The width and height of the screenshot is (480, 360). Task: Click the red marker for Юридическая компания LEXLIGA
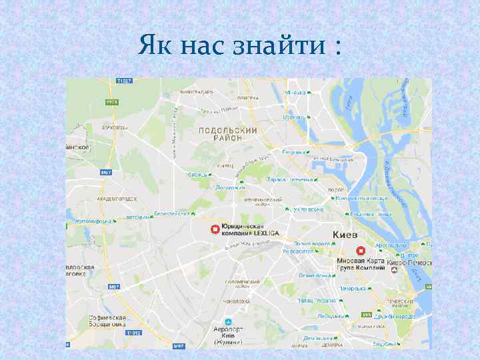pyautogui.click(x=215, y=230)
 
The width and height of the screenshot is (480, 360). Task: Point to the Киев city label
pyautogui.click(x=344, y=235)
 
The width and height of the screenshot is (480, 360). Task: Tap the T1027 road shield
pyautogui.click(x=125, y=81)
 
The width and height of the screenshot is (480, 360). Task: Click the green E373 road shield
pyautogui.click(x=111, y=103)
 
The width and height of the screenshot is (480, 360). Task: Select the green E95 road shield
pyautogui.click(x=365, y=315)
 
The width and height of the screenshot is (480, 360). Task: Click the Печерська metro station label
pyautogui.click(x=352, y=289)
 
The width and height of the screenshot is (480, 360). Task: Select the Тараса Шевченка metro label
pyautogui.click(x=290, y=179)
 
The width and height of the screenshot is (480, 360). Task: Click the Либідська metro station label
pyautogui.click(x=331, y=316)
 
